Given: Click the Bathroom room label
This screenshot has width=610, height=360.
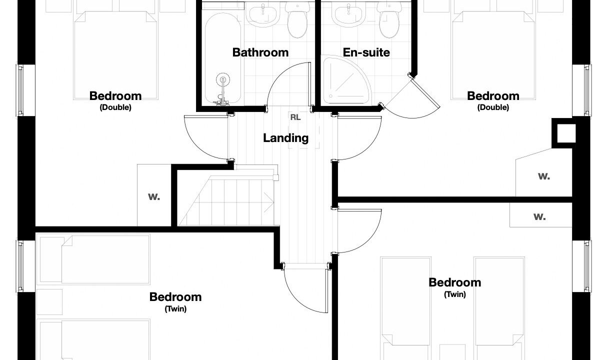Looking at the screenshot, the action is (x=260, y=52).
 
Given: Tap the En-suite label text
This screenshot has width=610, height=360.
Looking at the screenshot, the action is (x=366, y=52).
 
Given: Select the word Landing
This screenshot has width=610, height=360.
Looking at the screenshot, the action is (x=285, y=138).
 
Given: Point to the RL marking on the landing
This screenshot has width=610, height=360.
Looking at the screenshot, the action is (x=295, y=117).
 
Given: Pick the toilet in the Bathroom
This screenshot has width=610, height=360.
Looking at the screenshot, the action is (x=297, y=20).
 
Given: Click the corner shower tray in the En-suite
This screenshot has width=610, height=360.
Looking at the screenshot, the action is (x=346, y=80).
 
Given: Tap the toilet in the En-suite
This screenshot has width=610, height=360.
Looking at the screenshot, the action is (x=389, y=20).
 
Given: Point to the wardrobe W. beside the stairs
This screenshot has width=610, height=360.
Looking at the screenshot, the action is (x=154, y=196).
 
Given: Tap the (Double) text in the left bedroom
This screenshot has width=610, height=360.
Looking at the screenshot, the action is (x=115, y=107).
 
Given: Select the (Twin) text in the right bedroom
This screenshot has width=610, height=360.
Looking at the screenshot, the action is (x=455, y=294).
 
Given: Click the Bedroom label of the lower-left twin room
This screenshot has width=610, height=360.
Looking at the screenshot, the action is (x=175, y=297).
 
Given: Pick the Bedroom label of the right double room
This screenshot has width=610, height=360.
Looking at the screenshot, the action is (x=493, y=96).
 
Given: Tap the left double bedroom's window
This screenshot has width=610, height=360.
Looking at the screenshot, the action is (x=20, y=90).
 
